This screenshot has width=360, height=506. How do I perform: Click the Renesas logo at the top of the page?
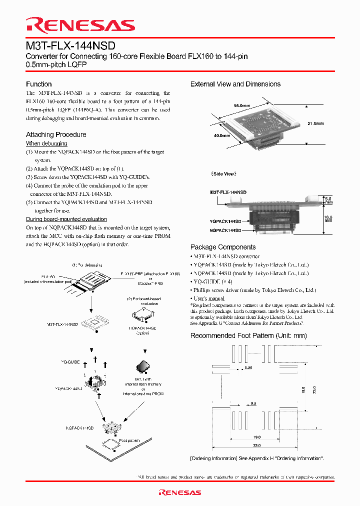(80, 25)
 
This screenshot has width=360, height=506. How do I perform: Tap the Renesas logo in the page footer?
(179, 492)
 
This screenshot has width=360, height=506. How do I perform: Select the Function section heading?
(38, 84)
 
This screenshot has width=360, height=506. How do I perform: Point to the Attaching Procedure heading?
(56, 134)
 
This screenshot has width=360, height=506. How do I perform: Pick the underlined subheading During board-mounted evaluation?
(66, 219)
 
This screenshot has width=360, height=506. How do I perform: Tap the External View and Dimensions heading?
(235, 84)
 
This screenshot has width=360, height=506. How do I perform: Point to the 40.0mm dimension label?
(222, 135)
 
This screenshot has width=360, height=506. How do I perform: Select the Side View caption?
(223, 173)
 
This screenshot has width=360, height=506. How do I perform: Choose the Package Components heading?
(223, 247)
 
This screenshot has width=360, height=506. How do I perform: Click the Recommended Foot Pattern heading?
(248, 335)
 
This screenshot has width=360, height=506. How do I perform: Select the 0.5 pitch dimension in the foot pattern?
(253, 403)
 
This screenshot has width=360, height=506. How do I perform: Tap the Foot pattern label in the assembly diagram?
(129, 440)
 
